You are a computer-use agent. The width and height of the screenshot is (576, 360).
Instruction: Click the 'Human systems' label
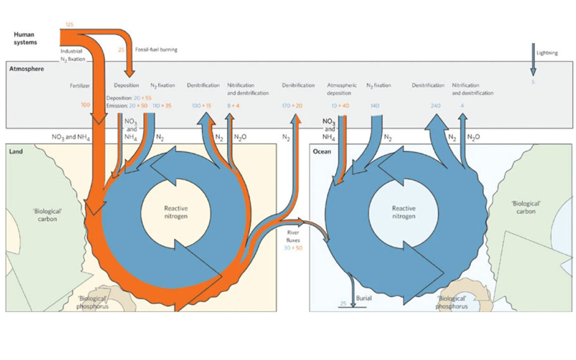[x=25, y=38]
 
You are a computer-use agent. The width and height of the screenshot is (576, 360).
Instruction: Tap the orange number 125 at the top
[x=69, y=25]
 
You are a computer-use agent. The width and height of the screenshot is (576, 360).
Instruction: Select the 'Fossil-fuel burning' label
[x=156, y=49]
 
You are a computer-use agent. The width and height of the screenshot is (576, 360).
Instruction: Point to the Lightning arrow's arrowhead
[x=533, y=72]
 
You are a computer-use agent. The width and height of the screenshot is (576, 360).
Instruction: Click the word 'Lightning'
[x=547, y=53]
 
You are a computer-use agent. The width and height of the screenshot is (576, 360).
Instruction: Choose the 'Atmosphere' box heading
[x=26, y=69]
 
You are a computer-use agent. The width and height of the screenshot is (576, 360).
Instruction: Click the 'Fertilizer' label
[x=80, y=86]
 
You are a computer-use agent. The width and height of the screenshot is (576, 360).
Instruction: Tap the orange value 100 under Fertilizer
[x=85, y=105]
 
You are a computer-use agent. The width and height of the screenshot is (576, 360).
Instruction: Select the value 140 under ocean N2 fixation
[x=375, y=106]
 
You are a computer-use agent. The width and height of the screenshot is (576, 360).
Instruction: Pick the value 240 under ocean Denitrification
[x=435, y=106]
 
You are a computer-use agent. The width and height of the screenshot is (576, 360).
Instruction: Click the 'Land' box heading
[x=16, y=152]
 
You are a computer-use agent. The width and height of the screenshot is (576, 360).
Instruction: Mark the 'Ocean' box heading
[x=322, y=152]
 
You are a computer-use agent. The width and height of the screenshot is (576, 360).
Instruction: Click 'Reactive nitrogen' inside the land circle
[x=176, y=212]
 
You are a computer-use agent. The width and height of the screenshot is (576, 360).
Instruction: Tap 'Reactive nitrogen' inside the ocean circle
[x=404, y=212]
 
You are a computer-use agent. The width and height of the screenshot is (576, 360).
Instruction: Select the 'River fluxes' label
[x=293, y=237]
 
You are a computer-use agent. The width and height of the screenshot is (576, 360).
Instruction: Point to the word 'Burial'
[x=363, y=298]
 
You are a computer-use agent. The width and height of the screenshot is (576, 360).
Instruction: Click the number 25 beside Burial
[x=343, y=303]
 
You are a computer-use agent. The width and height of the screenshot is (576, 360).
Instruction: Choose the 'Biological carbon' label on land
[x=47, y=215]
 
